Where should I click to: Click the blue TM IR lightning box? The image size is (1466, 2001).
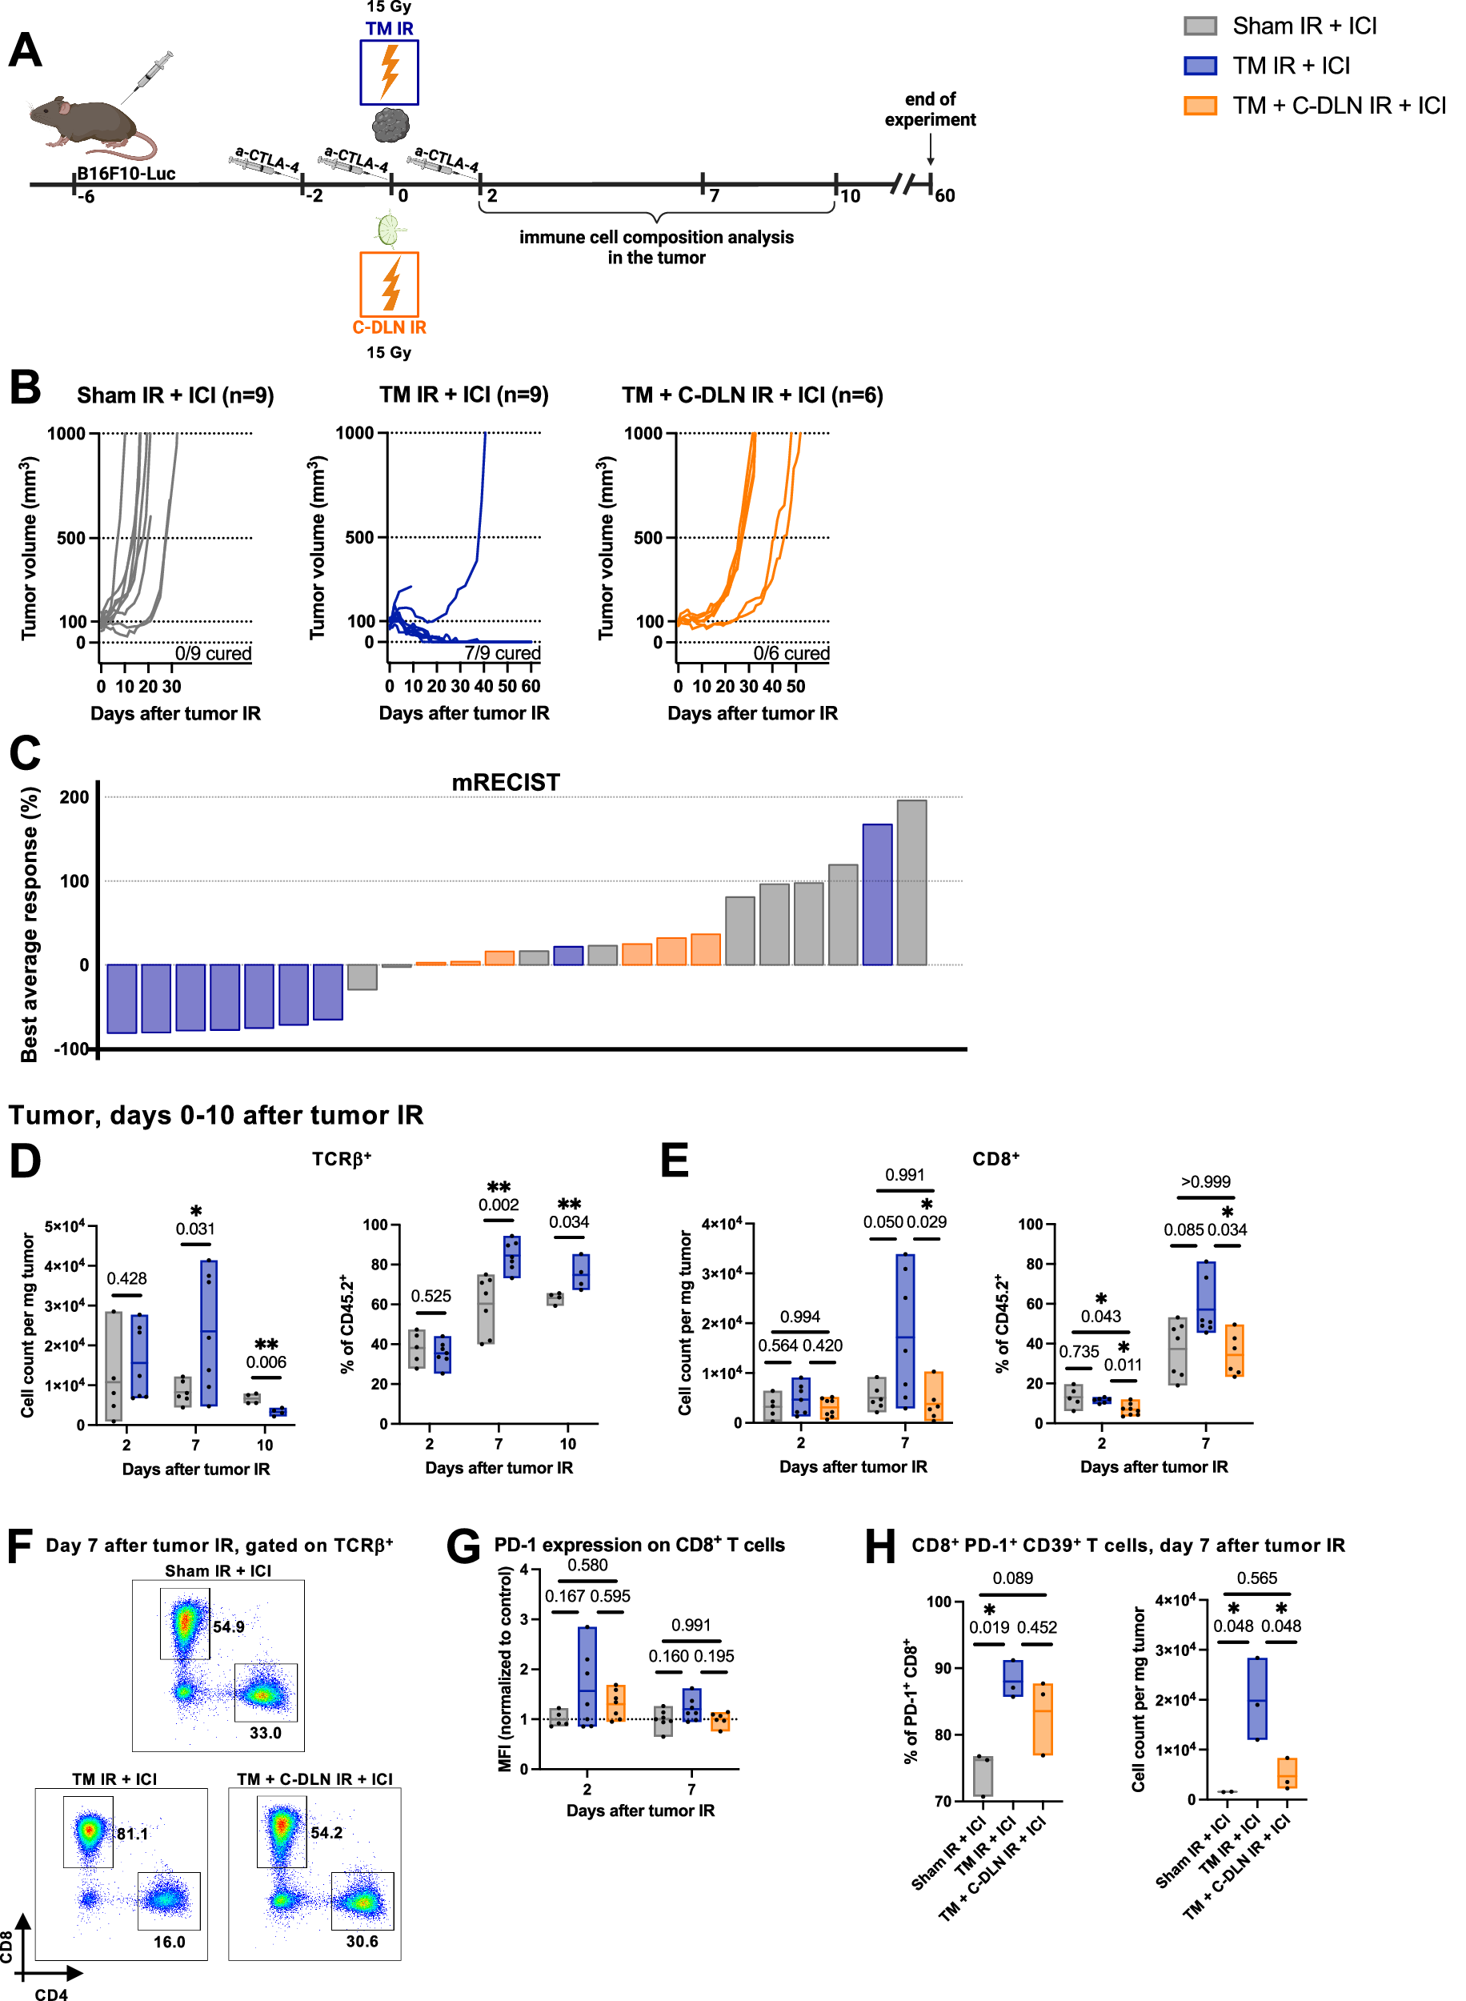[389, 73]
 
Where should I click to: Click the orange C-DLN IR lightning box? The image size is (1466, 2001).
[389, 284]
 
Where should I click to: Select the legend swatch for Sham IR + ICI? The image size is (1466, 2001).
[1200, 26]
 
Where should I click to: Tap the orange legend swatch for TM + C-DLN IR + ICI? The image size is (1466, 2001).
[1200, 106]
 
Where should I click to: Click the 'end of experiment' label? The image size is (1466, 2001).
[929, 109]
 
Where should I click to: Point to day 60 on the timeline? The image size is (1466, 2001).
[944, 195]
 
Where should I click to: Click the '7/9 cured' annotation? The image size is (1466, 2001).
[503, 653]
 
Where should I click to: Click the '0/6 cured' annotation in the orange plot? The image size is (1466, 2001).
[791, 653]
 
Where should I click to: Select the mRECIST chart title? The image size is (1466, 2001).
[505, 783]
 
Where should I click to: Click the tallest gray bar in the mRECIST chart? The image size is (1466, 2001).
[911, 882]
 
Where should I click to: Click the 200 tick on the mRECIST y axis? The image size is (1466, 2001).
[74, 797]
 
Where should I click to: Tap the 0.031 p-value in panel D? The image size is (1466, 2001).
[195, 1229]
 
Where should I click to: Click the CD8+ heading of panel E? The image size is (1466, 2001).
[995, 1159]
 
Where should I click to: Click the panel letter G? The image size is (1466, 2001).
[463, 1546]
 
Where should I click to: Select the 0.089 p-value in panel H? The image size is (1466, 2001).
[1012, 1578]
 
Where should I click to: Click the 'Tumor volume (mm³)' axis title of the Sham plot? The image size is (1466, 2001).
[30, 547]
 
